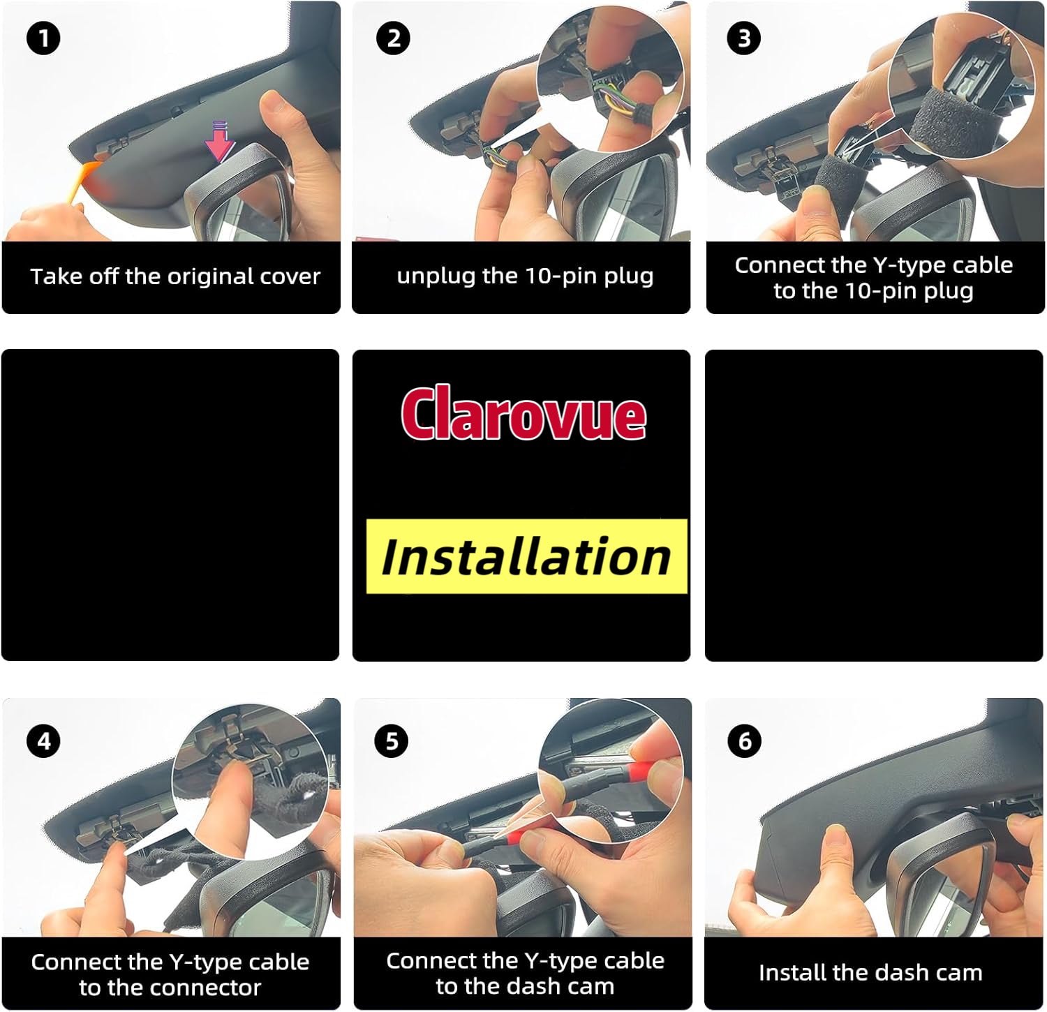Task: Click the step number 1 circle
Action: point(43,38)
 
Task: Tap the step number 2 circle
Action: point(393,38)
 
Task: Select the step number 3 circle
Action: point(744,38)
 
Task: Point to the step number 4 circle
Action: point(43,741)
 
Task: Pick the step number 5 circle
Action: point(392,741)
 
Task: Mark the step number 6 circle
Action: point(744,741)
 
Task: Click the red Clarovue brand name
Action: point(523,415)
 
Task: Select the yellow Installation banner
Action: point(527,556)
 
